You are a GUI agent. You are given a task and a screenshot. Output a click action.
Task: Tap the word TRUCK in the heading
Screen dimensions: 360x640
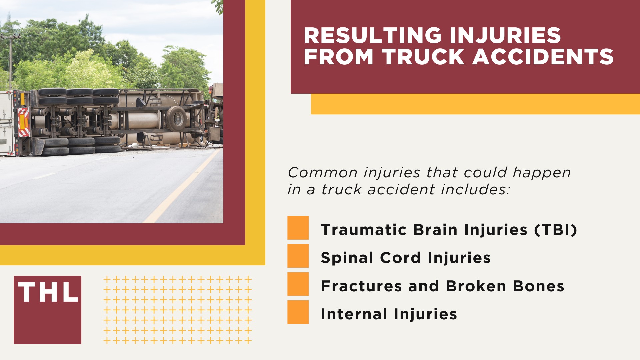[x=424, y=57]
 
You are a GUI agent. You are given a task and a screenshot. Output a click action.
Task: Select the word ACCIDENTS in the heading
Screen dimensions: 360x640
[x=543, y=57]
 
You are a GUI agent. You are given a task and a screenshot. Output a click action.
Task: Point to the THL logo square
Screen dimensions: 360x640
[x=47, y=310]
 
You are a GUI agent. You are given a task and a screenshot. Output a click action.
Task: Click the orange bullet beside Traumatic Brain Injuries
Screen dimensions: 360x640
[x=298, y=228]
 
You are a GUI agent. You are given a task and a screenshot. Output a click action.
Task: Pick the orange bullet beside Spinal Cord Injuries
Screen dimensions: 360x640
[x=298, y=256]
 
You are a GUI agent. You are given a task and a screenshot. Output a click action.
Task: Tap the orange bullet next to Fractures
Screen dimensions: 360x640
[x=298, y=284]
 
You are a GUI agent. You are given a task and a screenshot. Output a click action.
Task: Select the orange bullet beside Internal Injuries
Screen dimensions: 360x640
[x=298, y=312]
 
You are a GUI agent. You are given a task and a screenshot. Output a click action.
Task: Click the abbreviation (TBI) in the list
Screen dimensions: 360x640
[x=556, y=230]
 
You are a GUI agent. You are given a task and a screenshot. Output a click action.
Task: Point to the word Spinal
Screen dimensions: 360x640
[x=347, y=258]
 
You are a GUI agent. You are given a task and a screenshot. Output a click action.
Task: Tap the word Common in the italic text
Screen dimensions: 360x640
[x=323, y=173]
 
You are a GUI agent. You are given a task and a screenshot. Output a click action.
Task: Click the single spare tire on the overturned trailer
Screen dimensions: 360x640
[x=176, y=118]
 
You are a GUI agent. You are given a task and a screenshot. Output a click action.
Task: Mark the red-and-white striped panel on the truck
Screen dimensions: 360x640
[x=23, y=122]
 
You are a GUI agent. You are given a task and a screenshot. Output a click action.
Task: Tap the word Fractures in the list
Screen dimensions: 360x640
[x=361, y=286]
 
